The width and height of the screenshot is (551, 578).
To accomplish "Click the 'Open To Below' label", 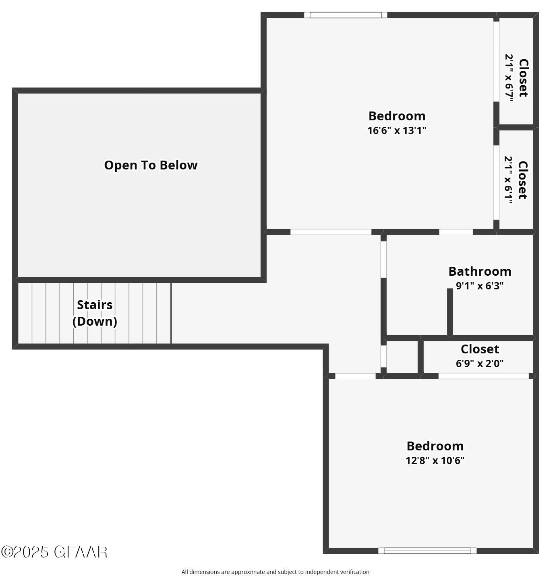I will tap(151, 165).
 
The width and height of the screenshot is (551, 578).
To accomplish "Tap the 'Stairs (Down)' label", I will tap(95, 313).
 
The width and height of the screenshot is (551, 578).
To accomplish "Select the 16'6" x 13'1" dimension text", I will tap(397, 130).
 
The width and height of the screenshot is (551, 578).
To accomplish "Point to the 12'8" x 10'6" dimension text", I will tap(435, 460).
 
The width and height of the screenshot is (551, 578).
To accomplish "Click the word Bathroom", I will tap(480, 271).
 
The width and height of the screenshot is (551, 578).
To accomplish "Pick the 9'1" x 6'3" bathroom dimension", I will tap(480, 286).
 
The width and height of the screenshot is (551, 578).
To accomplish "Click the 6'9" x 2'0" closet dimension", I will tap(480, 363).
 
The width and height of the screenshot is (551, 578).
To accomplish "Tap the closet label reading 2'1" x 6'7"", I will tap(510, 78).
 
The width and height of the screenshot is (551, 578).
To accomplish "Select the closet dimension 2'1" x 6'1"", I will tap(509, 180).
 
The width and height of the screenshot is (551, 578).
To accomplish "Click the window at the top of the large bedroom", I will tap(345, 15).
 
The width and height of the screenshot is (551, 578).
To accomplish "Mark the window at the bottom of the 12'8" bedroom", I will tap(427, 551).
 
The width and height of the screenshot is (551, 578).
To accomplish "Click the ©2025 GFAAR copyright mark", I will tap(54, 552).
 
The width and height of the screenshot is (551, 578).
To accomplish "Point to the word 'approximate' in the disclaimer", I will tap(248, 572).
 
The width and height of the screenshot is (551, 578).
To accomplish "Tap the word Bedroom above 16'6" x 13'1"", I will tap(397, 116).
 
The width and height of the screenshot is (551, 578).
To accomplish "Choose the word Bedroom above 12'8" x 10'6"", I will tap(435, 446).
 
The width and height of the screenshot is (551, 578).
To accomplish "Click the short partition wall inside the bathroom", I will tap(450, 312).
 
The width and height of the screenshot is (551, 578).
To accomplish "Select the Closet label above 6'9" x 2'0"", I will tap(480, 349).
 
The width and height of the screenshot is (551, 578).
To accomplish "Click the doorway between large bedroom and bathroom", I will tap(456, 232).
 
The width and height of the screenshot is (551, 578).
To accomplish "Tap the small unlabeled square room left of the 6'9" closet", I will tap(402, 357).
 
